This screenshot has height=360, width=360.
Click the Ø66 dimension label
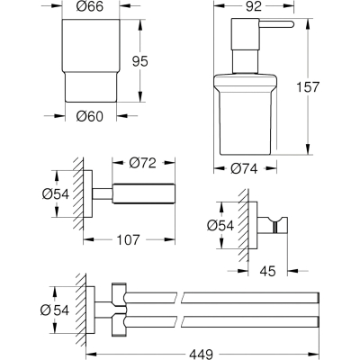(x=90, y=6)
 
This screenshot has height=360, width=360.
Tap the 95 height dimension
(x=140, y=62)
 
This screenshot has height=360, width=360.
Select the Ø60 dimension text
(x=90, y=116)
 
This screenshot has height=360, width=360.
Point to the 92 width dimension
(x=254, y=6)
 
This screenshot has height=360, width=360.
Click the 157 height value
(x=308, y=87)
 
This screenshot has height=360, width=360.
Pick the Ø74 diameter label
(x=244, y=169)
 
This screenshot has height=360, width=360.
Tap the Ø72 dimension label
(x=143, y=163)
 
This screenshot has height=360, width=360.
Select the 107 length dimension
(x=128, y=239)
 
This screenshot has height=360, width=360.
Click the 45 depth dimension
(x=267, y=272)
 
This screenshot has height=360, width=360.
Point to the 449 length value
(x=201, y=354)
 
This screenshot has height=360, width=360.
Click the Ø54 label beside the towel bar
(x=55, y=310)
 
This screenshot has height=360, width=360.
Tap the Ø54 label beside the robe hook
(x=220, y=226)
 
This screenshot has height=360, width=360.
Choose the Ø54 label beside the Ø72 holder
(x=56, y=194)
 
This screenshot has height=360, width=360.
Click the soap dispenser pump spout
(x=275, y=24)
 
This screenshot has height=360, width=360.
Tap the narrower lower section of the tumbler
(x=91, y=87)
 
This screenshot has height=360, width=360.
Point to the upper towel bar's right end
(x=318, y=297)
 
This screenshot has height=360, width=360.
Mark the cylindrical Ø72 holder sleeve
(x=143, y=193)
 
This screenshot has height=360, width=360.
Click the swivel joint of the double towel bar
(x=119, y=308)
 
